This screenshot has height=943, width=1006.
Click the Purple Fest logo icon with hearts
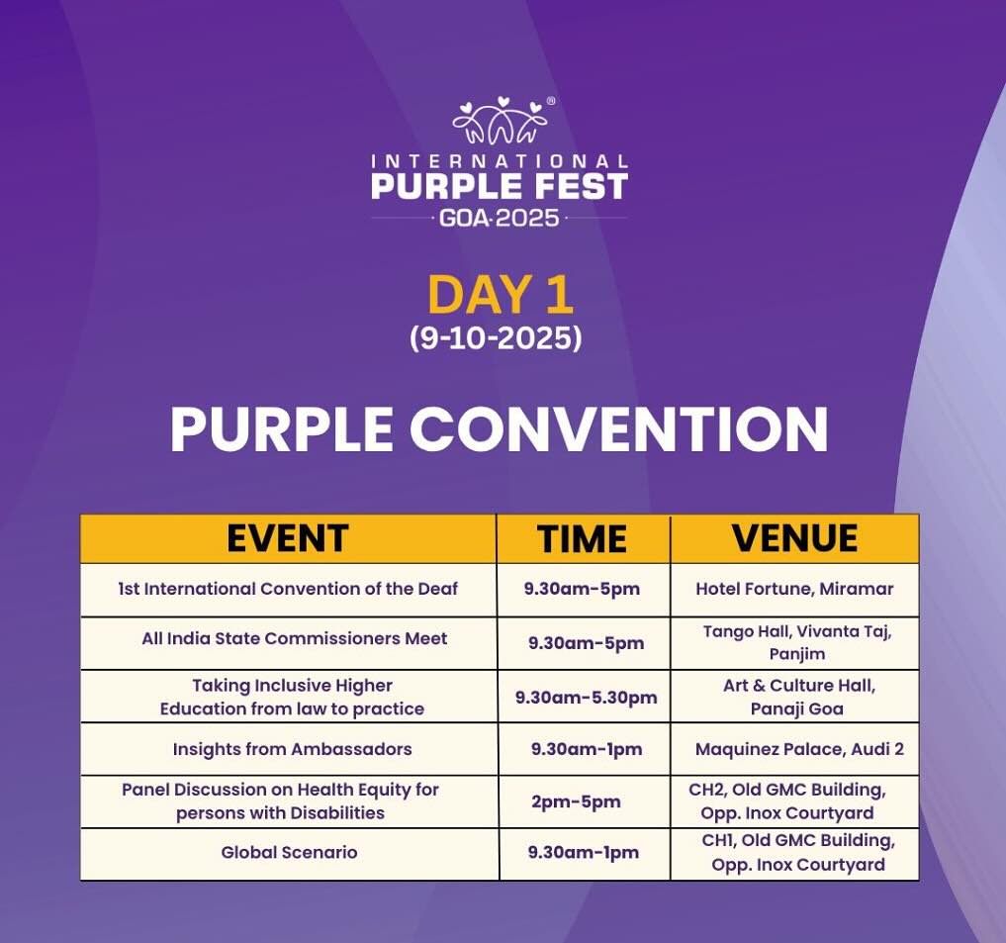[x=502, y=120]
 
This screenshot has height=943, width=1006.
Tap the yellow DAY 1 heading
[x=500, y=295]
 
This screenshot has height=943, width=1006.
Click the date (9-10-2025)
[x=496, y=337]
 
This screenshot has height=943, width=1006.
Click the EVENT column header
[x=288, y=538]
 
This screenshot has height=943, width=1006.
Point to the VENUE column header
[x=794, y=538]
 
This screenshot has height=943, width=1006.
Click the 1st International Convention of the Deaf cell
[x=288, y=589]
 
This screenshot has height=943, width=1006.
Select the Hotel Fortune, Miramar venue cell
[x=794, y=589]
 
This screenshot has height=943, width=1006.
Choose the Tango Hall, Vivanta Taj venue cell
[x=797, y=642]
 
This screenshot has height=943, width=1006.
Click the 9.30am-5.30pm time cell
[x=586, y=698]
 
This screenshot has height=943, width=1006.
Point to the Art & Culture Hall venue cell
[x=798, y=698]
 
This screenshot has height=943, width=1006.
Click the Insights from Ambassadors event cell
[x=292, y=749]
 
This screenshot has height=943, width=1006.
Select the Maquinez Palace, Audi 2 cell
[x=799, y=749]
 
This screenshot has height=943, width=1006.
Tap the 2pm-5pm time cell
[x=576, y=802]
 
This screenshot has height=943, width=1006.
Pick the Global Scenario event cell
[x=289, y=853]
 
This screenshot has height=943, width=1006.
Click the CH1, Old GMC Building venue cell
[x=797, y=853]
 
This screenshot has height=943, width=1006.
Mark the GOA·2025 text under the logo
[x=500, y=219]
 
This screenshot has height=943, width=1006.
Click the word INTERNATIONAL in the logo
[x=500, y=161]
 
